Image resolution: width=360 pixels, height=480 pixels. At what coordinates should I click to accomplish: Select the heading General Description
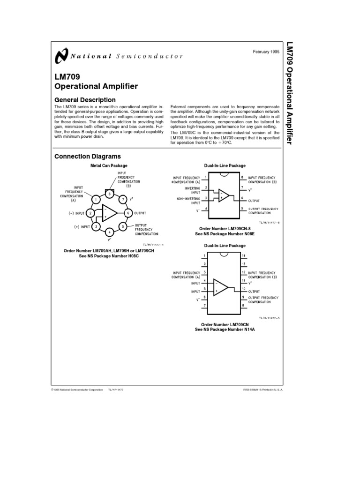[85, 100]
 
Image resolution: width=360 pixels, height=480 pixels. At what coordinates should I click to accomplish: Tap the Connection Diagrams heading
[88, 157]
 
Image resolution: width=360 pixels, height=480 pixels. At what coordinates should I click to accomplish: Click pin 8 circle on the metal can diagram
[109, 193]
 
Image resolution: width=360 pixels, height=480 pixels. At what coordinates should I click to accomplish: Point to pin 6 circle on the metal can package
[127, 213]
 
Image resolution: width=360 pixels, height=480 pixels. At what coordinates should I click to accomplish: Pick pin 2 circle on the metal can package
[91, 213]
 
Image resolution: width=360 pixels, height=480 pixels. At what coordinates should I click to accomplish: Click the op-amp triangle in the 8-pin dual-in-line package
[224, 195]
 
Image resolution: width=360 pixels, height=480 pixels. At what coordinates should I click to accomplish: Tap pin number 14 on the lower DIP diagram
[243, 255]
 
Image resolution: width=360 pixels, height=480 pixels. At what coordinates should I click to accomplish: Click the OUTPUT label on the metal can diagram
[141, 213]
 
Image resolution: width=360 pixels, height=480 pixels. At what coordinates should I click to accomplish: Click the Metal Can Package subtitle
[109, 165]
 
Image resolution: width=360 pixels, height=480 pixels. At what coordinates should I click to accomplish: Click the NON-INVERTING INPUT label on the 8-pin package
[187, 200]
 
